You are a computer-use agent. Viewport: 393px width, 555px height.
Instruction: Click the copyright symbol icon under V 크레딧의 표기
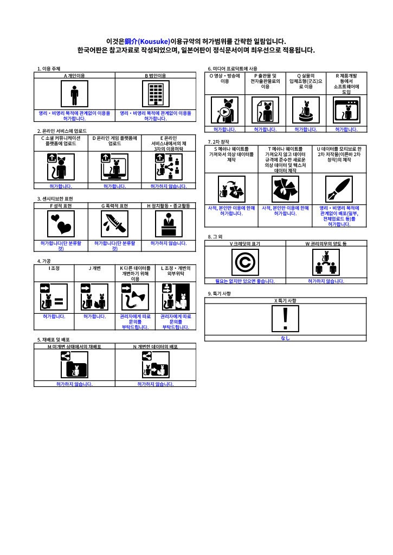coord(244,262)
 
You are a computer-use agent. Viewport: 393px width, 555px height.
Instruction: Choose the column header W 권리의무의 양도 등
coord(326,244)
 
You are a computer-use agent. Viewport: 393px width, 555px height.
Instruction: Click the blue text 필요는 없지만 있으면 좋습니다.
coord(245,281)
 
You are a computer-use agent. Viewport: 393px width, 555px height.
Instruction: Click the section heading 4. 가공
coord(44,261)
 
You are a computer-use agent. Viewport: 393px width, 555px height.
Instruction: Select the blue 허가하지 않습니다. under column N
coord(156,384)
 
